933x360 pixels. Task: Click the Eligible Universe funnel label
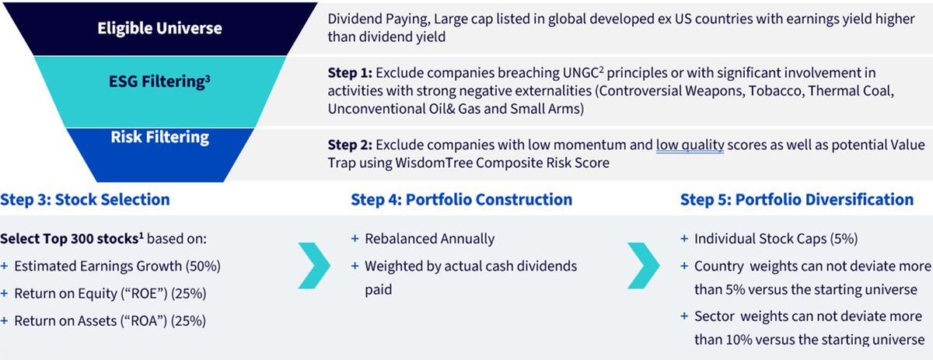click(x=159, y=28)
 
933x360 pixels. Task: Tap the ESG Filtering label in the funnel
click(x=159, y=81)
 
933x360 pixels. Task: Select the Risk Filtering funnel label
click(x=160, y=138)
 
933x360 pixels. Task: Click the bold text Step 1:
click(x=350, y=73)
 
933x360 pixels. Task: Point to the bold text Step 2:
click(x=350, y=145)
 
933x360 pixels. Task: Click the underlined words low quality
click(x=690, y=145)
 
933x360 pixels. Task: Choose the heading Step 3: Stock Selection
click(x=85, y=200)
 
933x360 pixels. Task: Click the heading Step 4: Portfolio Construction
click(x=462, y=200)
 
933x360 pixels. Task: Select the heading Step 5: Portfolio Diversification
click(x=797, y=200)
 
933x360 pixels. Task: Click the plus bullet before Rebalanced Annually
click(x=355, y=239)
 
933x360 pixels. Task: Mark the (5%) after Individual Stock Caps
click(x=844, y=239)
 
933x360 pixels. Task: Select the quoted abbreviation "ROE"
click(x=144, y=294)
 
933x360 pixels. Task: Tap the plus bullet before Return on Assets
click(x=4, y=321)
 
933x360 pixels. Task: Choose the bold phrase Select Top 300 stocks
click(x=69, y=239)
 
